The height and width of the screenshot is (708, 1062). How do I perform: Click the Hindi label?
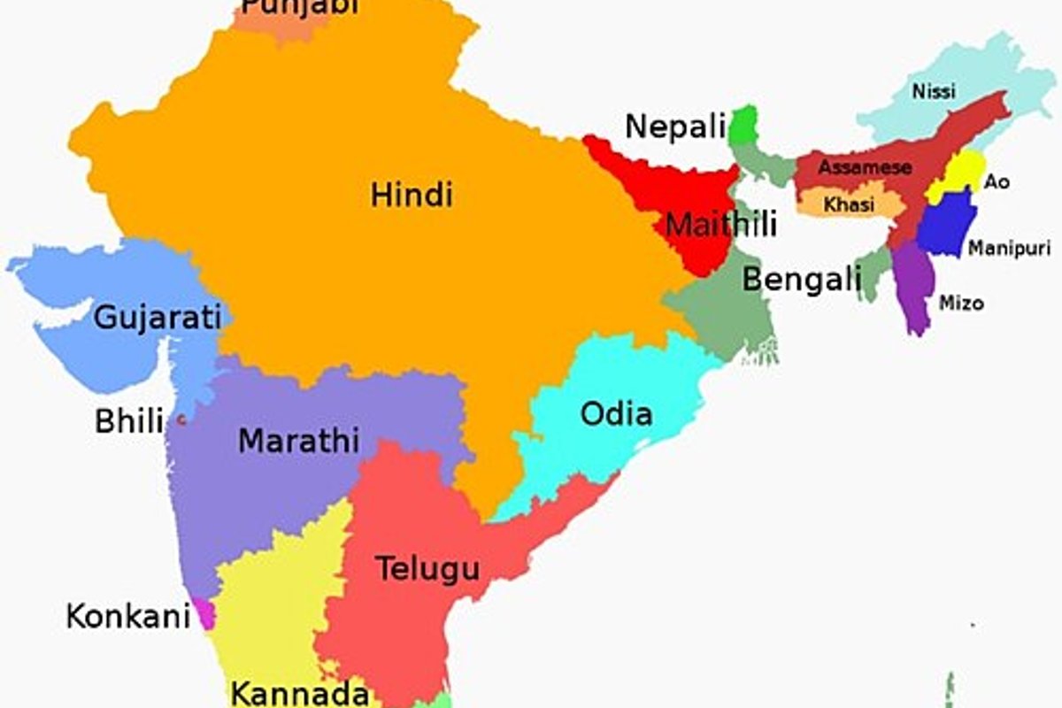coord(412,195)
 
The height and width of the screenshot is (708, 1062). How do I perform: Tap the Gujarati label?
coord(157,316)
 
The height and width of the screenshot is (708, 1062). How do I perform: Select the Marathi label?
coord(298,440)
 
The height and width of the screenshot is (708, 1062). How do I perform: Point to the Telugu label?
coord(427,568)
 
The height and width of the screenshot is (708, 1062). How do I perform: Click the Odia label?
coord(616,413)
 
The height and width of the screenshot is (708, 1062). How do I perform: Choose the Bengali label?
coord(801,280)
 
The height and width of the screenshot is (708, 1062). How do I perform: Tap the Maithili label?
coord(720,225)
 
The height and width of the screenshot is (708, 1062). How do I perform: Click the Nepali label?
coord(675,127)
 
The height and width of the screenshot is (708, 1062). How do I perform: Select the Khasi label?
coord(849,204)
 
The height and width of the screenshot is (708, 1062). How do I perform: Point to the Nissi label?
coord(934,90)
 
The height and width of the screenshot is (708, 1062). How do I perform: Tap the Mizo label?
coord(960,303)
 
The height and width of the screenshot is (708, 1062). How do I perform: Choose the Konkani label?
coord(128,615)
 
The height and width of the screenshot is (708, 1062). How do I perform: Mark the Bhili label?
coord(129,421)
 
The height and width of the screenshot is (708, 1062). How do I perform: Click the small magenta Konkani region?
coord(205,613)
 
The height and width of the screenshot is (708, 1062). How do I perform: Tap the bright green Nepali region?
coord(743,125)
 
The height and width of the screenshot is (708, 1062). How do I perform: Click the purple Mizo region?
coord(914,288)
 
